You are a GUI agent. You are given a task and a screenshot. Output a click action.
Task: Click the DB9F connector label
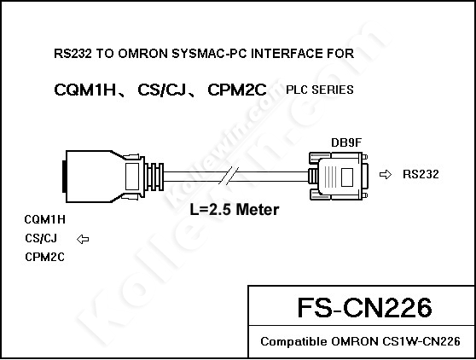[x=346, y=142]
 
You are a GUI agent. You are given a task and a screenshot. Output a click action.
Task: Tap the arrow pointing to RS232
[x=386, y=175]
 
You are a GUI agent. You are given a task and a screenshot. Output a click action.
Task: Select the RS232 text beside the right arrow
[x=421, y=174]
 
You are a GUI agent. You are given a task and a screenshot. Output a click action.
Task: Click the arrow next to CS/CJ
[x=83, y=239]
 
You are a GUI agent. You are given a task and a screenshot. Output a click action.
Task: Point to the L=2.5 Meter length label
[x=235, y=210]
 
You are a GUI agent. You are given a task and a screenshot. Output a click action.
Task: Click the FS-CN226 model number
[x=364, y=307]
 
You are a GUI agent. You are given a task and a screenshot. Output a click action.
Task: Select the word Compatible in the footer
[x=293, y=342]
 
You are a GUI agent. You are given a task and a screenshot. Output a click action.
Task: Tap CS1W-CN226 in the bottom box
[x=421, y=342]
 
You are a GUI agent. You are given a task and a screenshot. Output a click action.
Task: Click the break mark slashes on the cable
[x=229, y=176]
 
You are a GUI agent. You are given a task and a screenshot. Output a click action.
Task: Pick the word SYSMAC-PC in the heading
[x=209, y=54]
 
